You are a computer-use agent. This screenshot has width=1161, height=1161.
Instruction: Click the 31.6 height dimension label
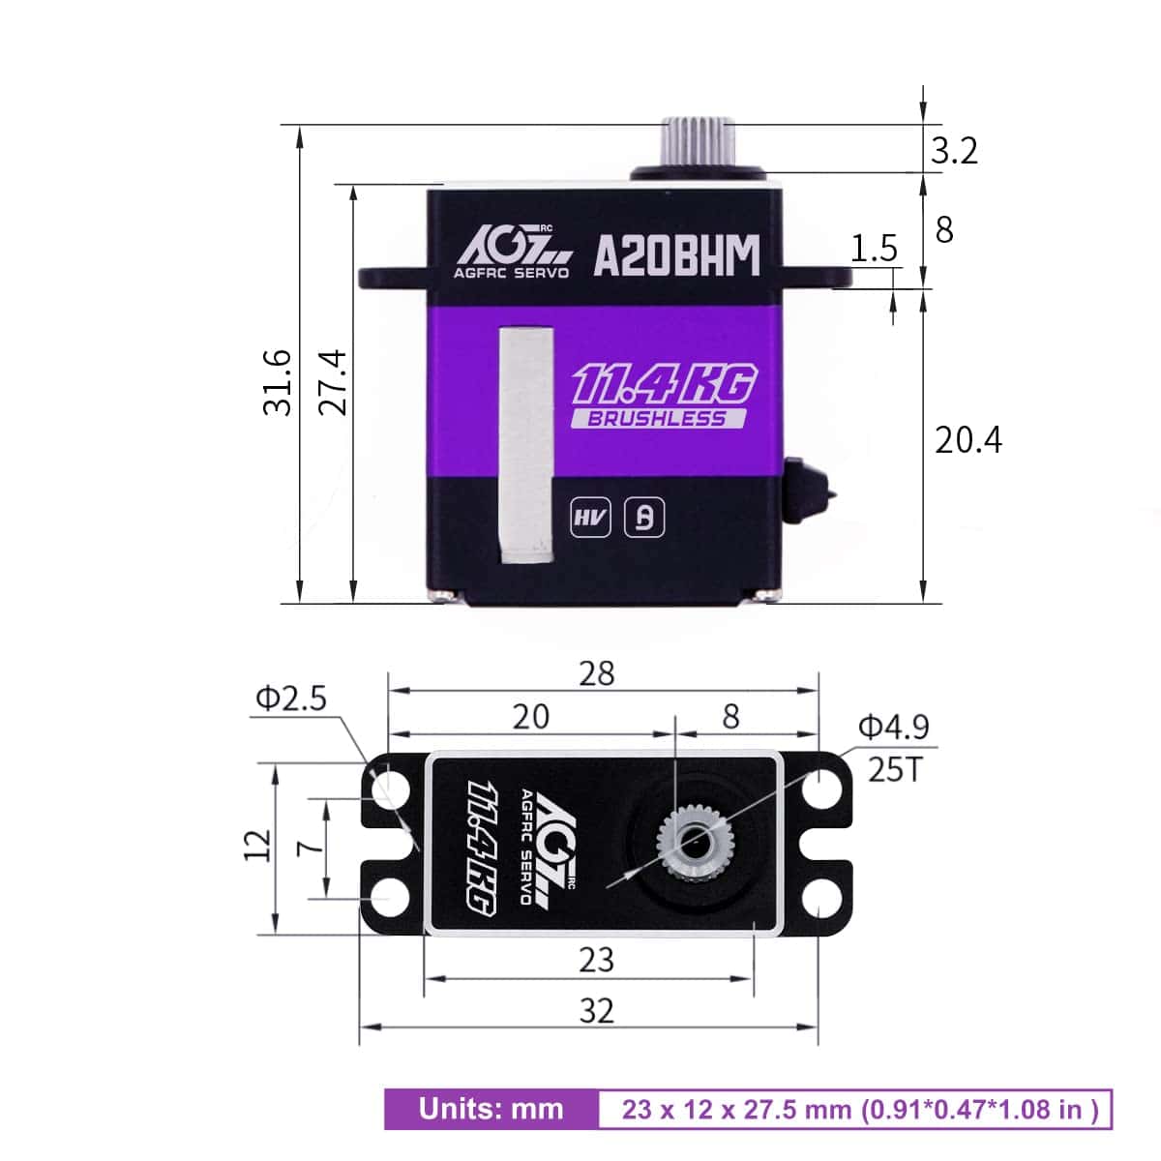point(278,382)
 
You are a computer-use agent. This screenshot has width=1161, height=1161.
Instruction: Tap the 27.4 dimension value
point(333,382)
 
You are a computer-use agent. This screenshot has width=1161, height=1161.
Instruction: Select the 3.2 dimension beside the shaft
point(954,151)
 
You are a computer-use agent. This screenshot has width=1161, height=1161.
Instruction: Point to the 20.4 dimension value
point(967,440)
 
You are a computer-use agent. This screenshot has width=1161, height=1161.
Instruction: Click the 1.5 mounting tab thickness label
point(874,249)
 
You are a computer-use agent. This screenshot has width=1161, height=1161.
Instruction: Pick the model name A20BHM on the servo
point(676,256)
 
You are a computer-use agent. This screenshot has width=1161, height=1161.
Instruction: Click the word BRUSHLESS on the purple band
point(657,419)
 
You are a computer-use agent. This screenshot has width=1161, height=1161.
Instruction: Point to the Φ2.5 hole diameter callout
point(290,698)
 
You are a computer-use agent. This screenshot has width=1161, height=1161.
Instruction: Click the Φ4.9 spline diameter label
point(893,727)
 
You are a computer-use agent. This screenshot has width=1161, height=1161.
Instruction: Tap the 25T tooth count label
point(895,769)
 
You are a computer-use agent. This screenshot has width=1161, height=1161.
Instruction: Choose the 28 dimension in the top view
point(596,673)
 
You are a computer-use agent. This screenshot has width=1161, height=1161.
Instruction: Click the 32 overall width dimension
point(596,1010)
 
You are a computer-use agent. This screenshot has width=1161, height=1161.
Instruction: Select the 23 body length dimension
point(596,960)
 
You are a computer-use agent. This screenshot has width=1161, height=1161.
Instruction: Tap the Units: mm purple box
point(491,1109)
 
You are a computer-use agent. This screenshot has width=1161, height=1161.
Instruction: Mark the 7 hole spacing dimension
point(309,848)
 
